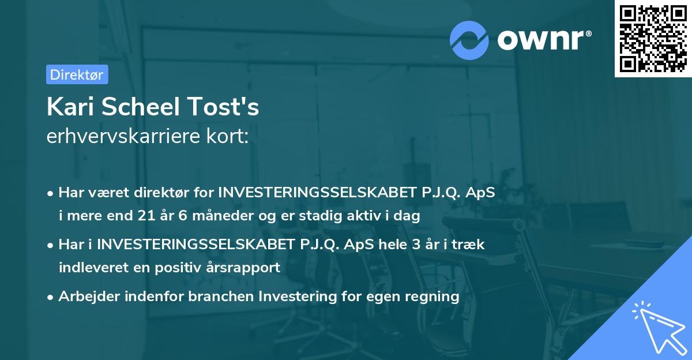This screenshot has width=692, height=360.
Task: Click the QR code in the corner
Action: point(653,39)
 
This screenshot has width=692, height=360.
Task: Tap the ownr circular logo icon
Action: point(469,40)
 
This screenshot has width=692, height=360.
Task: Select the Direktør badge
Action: point(77,74)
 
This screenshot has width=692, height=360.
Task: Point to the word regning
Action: point(431,297)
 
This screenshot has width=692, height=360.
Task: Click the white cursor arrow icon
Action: point(656,325)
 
